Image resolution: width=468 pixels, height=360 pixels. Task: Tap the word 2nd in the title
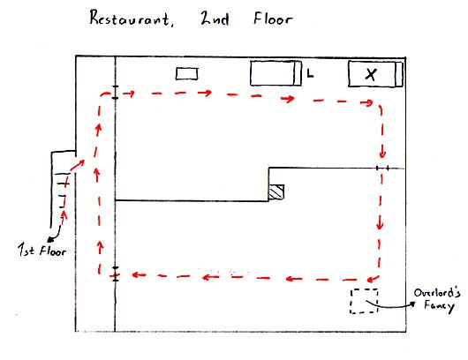click(x=215, y=19)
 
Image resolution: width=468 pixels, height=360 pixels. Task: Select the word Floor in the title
click(x=273, y=19)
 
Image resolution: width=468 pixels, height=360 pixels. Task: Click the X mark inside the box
click(x=371, y=74)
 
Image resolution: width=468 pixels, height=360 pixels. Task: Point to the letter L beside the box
click(x=311, y=73)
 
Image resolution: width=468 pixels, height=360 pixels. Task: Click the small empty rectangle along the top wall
click(x=187, y=73)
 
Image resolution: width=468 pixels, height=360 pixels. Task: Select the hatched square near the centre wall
click(x=276, y=191)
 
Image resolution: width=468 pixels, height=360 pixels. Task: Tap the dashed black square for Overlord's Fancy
click(x=364, y=301)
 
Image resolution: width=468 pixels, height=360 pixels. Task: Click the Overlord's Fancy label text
click(x=437, y=300)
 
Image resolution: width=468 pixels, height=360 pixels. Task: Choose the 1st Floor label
click(x=42, y=250)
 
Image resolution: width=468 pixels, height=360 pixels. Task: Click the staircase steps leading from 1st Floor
click(x=64, y=190)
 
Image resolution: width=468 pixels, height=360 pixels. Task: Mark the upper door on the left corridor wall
click(x=115, y=92)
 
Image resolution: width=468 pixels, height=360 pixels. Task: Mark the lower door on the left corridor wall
click(x=115, y=274)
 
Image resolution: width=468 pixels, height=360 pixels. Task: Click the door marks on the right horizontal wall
click(x=382, y=169)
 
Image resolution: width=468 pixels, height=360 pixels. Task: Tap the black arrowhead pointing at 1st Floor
click(x=50, y=239)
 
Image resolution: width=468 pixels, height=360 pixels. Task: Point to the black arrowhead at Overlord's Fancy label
click(x=412, y=304)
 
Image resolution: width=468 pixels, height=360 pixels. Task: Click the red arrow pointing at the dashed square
click(x=374, y=279)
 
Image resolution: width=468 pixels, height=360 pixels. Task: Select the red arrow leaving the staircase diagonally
click(x=78, y=165)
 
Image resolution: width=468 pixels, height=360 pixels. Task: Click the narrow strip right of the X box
click(x=399, y=74)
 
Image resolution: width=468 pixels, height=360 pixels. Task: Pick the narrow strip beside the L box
click(x=298, y=73)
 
